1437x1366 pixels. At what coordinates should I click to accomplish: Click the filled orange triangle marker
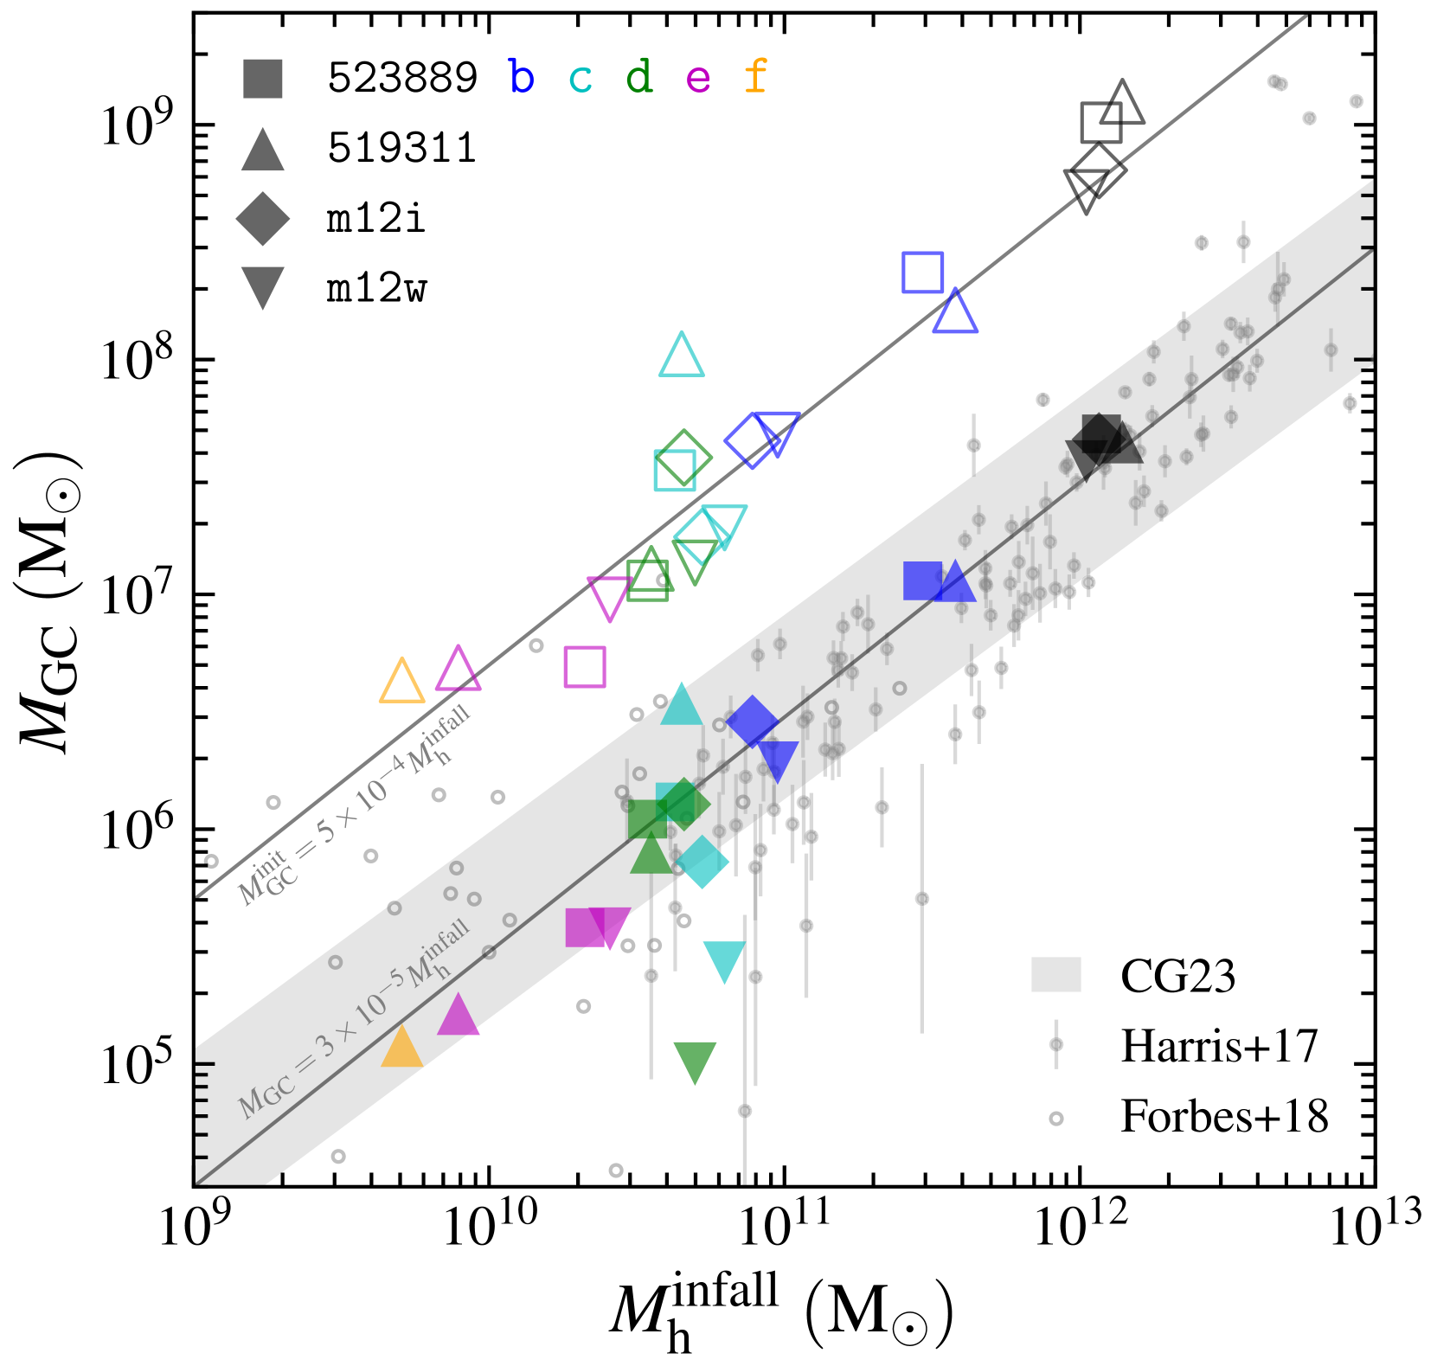pyautogui.click(x=401, y=1049)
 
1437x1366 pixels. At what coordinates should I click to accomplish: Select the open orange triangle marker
pyautogui.click(x=402, y=683)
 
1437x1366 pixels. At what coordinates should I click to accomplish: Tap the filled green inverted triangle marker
pyautogui.click(x=695, y=1061)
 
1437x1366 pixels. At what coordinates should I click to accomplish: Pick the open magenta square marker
pyautogui.click(x=585, y=666)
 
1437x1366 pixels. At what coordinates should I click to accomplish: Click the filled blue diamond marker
pyautogui.click(x=752, y=721)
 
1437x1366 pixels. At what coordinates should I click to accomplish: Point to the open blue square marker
pyautogui.click(x=922, y=273)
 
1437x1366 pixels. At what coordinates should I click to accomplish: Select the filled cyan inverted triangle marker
pyautogui.click(x=725, y=960)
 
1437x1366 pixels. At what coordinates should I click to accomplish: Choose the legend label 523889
pyautogui.click(x=402, y=79)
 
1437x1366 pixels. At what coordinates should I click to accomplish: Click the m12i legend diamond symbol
pyautogui.click(x=263, y=219)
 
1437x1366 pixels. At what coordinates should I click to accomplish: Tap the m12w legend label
pyautogui.click(x=376, y=289)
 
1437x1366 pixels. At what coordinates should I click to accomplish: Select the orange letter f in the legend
pyautogui.click(x=755, y=78)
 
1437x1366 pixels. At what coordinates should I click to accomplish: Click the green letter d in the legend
pyautogui.click(x=638, y=79)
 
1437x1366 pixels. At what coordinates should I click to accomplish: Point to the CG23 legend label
pyautogui.click(x=1177, y=977)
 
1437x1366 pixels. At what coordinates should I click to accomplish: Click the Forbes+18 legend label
pyautogui.click(x=1224, y=1117)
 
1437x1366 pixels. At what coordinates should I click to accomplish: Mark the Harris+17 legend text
pyautogui.click(x=1219, y=1047)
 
